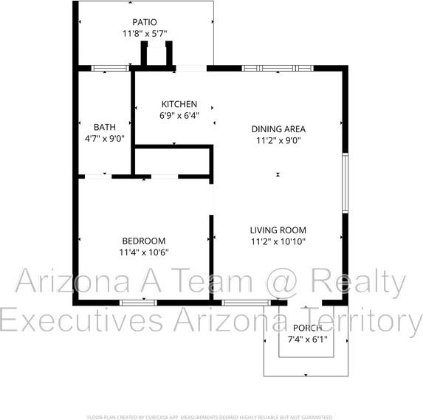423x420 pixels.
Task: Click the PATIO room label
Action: click(x=144, y=23)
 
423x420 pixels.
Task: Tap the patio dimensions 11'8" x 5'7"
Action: click(x=144, y=34)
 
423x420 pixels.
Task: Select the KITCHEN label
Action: click(x=179, y=104)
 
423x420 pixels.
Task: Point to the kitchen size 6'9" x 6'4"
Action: click(x=179, y=115)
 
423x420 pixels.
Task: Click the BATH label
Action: click(x=104, y=127)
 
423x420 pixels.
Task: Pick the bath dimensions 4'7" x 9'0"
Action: click(x=104, y=138)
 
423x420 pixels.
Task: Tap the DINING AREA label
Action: click(x=278, y=128)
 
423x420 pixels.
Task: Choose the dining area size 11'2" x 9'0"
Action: click(x=278, y=140)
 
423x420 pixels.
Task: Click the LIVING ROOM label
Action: click(x=278, y=230)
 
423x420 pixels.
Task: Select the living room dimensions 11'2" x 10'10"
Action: click(x=278, y=241)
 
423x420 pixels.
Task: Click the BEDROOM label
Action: click(x=143, y=241)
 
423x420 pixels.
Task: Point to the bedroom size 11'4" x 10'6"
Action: click(x=143, y=252)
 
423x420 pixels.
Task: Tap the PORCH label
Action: click(x=307, y=328)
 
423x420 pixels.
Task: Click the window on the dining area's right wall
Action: click(x=344, y=183)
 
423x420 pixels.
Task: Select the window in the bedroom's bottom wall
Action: click(x=138, y=302)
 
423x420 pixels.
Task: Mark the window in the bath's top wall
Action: click(x=110, y=69)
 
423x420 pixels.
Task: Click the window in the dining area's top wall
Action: click(x=278, y=69)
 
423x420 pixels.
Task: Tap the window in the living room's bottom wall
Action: click(x=245, y=302)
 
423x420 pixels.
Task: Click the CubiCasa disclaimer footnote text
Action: click(x=211, y=416)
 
